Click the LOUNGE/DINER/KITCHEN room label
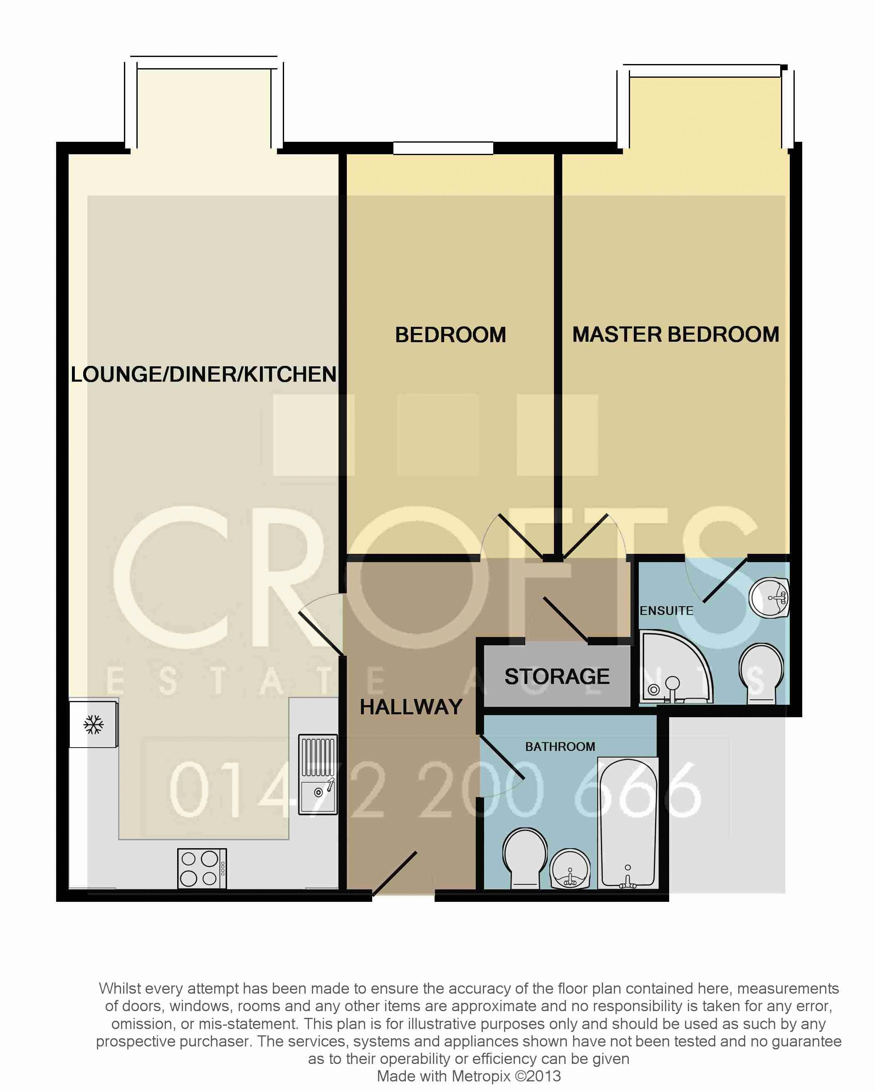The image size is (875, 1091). (x=203, y=375)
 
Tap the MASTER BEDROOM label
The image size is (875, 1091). (x=676, y=334)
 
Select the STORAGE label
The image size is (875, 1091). (x=557, y=676)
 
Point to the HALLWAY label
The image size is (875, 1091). (x=411, y=707)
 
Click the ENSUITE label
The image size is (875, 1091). (x=667, y=611)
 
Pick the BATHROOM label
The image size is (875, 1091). (x=560, y=746)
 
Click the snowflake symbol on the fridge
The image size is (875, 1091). (x=94, y=725)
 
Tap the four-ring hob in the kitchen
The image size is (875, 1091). (x=202, y=868)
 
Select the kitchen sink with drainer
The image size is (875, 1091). (x=318, y=774)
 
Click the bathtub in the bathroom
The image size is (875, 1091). (x=628, y=822)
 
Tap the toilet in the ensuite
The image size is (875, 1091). (x=761, y=673)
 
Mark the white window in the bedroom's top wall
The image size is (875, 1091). (x=443, y=148)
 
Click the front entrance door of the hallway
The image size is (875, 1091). (x=395, y=874)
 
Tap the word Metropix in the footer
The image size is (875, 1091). (x=481, y=1076)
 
